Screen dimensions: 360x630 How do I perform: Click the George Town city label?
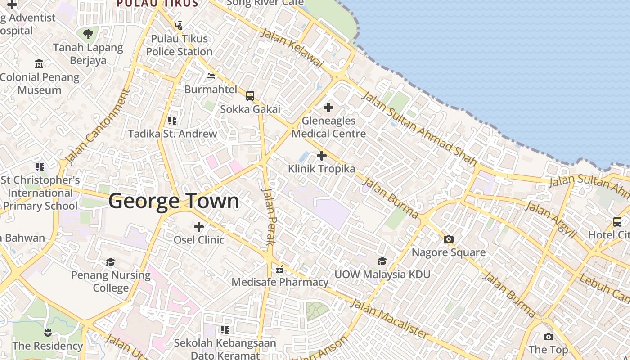point(174,201)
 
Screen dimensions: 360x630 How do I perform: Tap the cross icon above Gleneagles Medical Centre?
point(328,108)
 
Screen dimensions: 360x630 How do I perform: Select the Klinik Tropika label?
point(322,169)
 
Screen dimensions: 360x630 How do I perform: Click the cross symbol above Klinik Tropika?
point(321,156)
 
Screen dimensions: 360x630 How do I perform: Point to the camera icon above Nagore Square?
point(449,239)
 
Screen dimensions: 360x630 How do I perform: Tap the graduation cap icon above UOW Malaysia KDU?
point(382,261)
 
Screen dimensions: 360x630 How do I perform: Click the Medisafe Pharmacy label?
point(280,282)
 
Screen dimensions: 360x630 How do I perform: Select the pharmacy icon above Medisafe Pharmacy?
point(280,269)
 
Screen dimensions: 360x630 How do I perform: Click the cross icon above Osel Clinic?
point(199,227)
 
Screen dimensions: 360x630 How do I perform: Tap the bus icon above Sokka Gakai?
point(250,96)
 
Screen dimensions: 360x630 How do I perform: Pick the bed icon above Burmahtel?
point(211,76)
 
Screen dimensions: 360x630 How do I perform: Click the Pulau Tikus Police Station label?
point(179,45)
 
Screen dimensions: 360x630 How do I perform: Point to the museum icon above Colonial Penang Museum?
point(39,64)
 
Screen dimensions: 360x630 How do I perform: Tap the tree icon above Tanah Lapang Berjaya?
point(88,34)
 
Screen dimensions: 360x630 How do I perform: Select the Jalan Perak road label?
point(268,216)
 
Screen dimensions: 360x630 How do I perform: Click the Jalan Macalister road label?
point(389,318)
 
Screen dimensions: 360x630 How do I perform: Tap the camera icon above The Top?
point(548,337)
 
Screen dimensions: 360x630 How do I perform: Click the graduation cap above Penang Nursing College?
point(111,262)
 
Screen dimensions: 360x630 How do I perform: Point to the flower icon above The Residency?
point(48,333)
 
